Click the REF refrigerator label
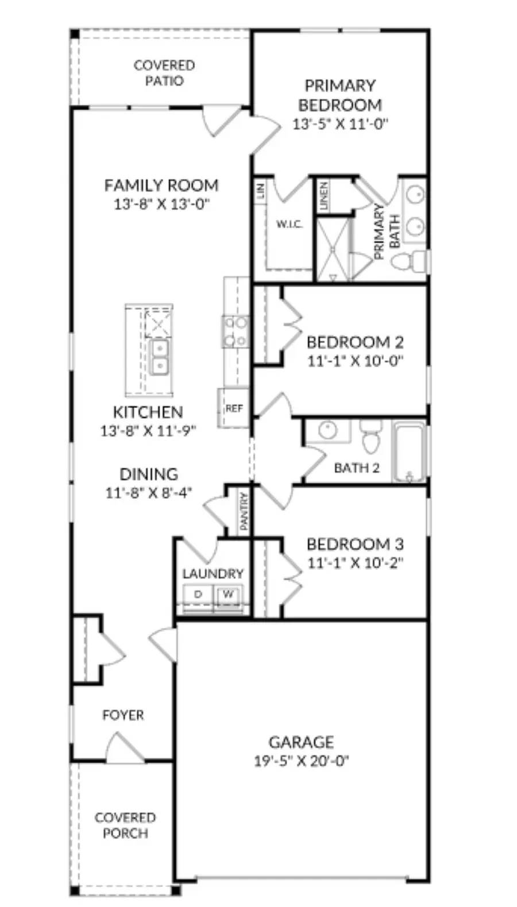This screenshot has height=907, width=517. click(x=234, y=408)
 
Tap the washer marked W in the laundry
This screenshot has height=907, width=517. click(x=228, y=595)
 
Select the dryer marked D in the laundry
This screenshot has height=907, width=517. click(x=198, y=595)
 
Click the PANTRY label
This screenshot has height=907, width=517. click(x=244, y=511)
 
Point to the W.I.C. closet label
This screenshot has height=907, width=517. click(x=290, y=224)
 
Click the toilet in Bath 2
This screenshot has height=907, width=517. click(x=371, y=436)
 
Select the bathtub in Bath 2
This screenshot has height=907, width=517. click(x=410, y=452)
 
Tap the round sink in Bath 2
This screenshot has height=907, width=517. click(x=328, y=430)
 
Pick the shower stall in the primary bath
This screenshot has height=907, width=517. click(x=333, y=249)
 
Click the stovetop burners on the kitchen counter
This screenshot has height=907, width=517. click(x=235, y=332)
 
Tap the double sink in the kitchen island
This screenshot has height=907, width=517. click(x=160, y=357)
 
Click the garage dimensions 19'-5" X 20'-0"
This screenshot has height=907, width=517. click(x=301, y=761)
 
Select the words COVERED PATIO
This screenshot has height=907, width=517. click(x=164, y=73)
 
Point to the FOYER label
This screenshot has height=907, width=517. click(x=123, y=715)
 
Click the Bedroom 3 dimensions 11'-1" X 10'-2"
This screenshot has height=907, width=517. click(x=356, y=563)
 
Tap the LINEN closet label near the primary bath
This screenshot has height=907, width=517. click(x=324, y=195)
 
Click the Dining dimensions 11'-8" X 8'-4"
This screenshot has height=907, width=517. click(x=149, y=493)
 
